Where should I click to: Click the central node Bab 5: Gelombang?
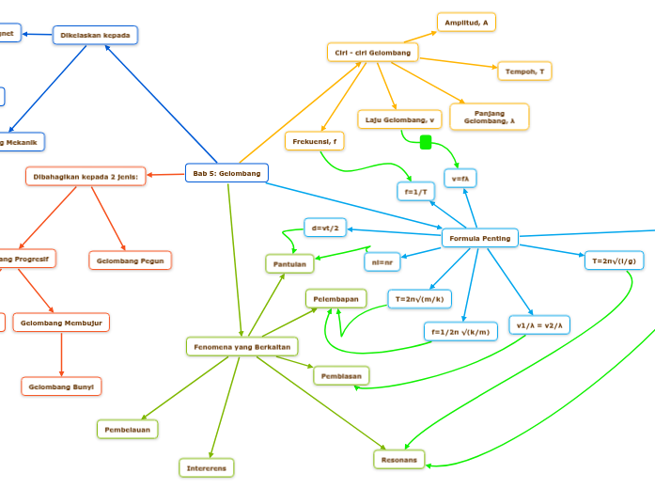[226, 173]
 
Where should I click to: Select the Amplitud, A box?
[466, 22]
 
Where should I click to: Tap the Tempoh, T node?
[524, 71]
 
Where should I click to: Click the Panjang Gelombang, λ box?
[490, 117]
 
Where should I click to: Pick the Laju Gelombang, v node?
[399, 119]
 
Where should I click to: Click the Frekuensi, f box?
[314, 141]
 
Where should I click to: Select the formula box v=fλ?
[460, 178]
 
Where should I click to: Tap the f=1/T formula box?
[416, 191]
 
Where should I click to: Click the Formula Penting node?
[480, 239]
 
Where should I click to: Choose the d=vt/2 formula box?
[325, 228]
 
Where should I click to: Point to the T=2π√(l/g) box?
[614, 260]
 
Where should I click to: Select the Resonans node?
[399, 459]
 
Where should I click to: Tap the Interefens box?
[207, 467]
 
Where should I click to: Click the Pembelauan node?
[128, 429]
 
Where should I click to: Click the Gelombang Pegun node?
[131, 260]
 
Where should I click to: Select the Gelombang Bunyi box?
[61, 386]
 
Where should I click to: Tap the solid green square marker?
[425, 142]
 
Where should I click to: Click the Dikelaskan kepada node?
[95, 36]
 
